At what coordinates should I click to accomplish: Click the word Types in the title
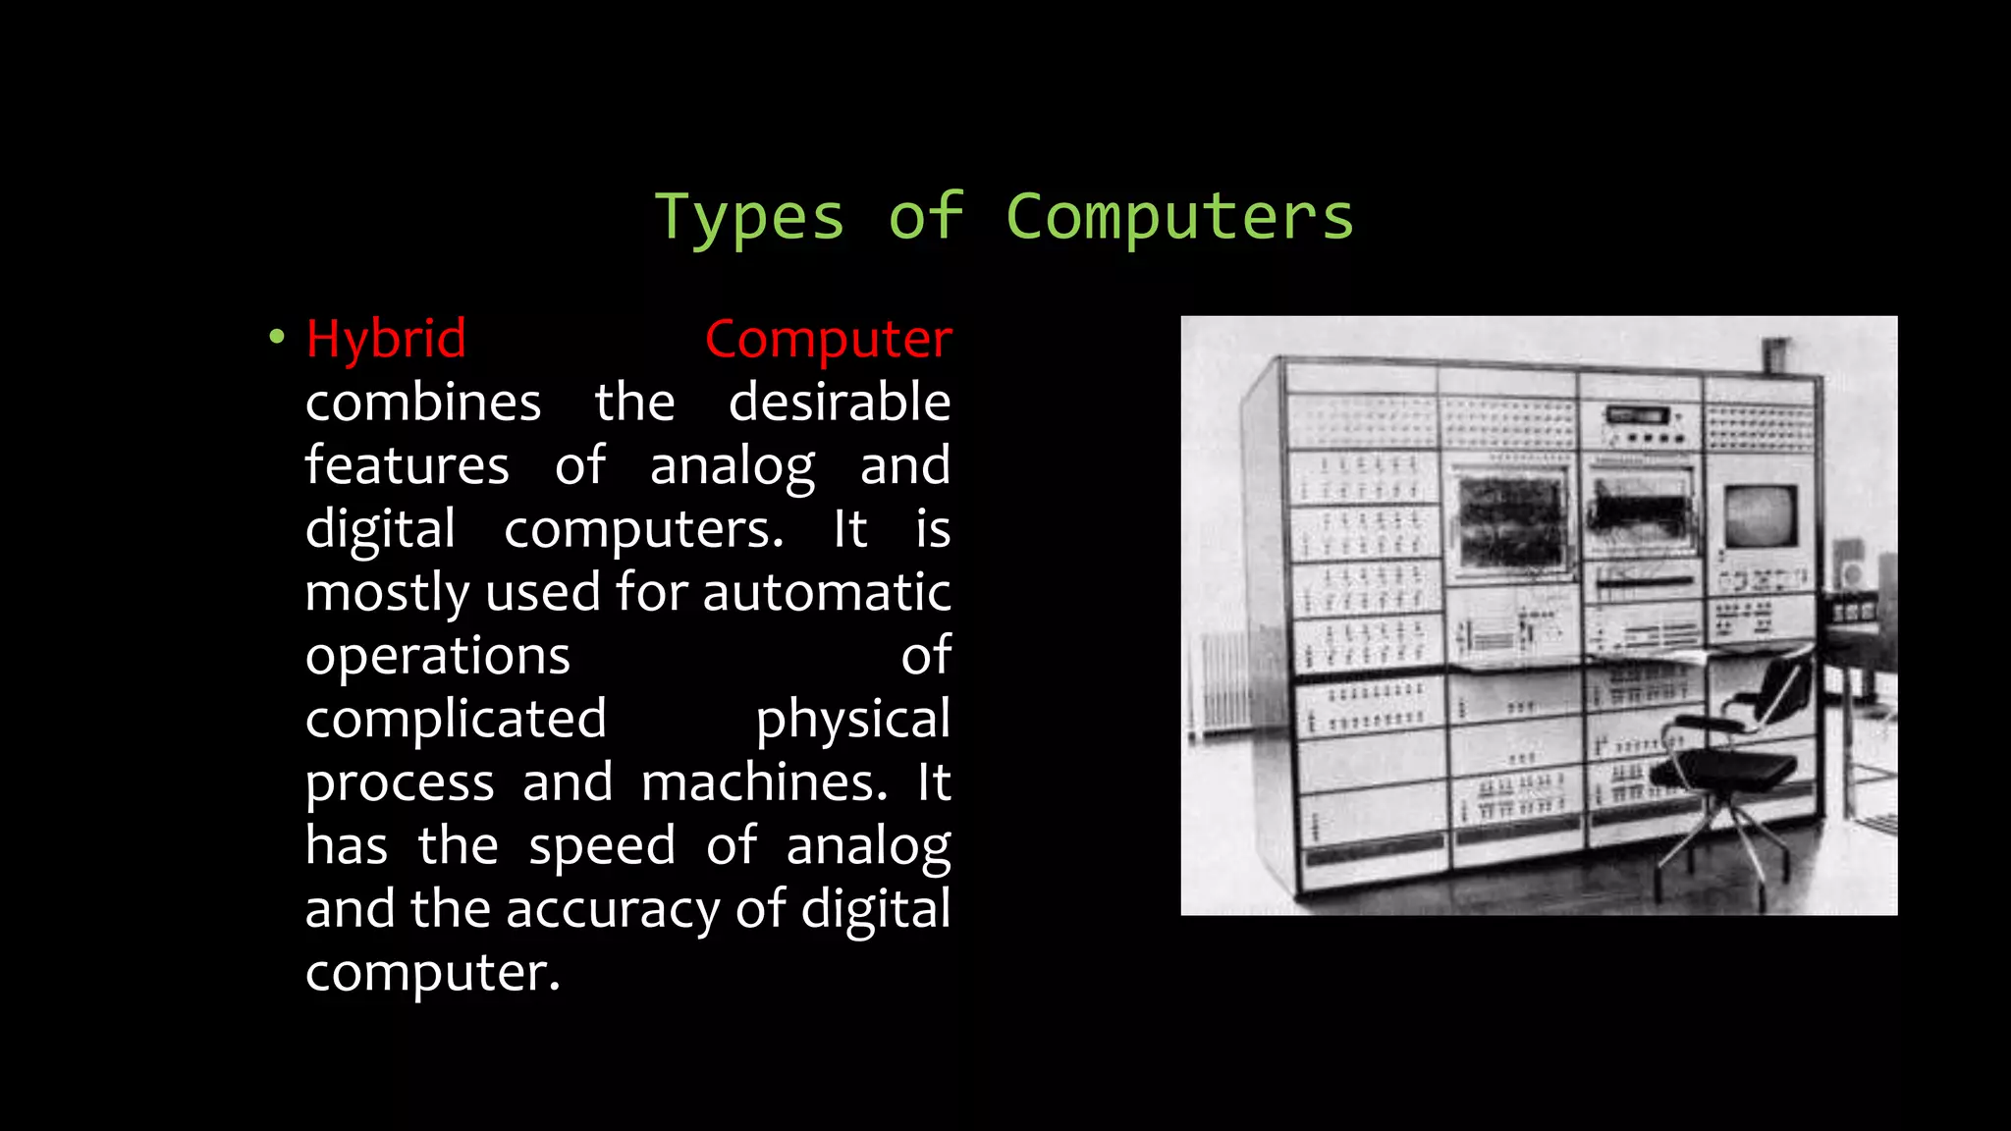point(748,217)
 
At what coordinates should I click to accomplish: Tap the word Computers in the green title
point(1179,217)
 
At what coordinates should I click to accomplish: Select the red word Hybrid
point(386,340)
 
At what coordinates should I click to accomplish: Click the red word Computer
point(828,340)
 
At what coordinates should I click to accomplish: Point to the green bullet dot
point(277,338)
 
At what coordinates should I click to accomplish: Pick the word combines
point(423,403)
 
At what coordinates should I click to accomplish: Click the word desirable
point(840,403)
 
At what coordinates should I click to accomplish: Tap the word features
point(407,465)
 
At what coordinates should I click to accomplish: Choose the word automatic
point(826,593)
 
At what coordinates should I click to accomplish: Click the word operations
point(437,656)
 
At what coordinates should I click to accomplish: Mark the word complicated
point(456,719)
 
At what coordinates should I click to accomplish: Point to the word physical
point(852,720)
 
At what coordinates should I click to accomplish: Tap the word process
point(400,782)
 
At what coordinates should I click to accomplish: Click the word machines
point(764,782)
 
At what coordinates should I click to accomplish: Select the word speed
point(602,845)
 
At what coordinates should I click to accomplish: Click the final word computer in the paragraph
point(432,973)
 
